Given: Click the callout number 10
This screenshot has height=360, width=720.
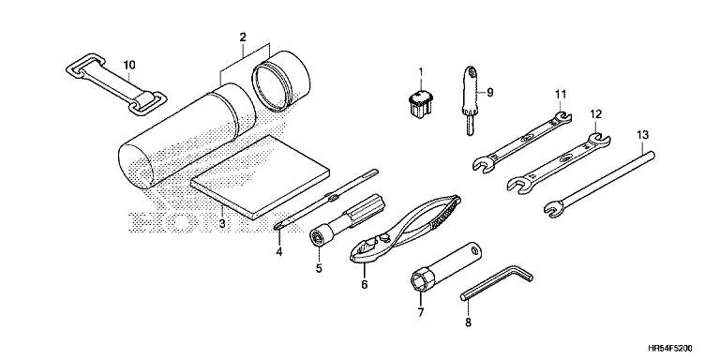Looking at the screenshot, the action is point(129,66).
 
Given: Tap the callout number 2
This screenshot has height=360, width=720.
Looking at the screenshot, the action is point(243,37).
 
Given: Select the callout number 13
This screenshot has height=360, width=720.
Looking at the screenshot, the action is point(642,135).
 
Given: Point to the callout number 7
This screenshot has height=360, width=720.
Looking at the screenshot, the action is point(420,312).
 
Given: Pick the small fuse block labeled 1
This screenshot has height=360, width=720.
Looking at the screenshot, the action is point(420,105).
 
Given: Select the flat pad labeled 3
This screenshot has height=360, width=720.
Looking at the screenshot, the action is point(261,176).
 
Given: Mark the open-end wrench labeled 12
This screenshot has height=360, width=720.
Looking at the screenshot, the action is point(559,161).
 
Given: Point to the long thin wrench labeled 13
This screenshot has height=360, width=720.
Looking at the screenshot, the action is point(599,183).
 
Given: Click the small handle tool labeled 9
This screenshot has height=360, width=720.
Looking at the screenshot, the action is point(470,100).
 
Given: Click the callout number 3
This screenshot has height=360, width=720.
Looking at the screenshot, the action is point(222,224).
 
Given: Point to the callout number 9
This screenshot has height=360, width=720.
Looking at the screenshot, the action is point(490,92).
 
